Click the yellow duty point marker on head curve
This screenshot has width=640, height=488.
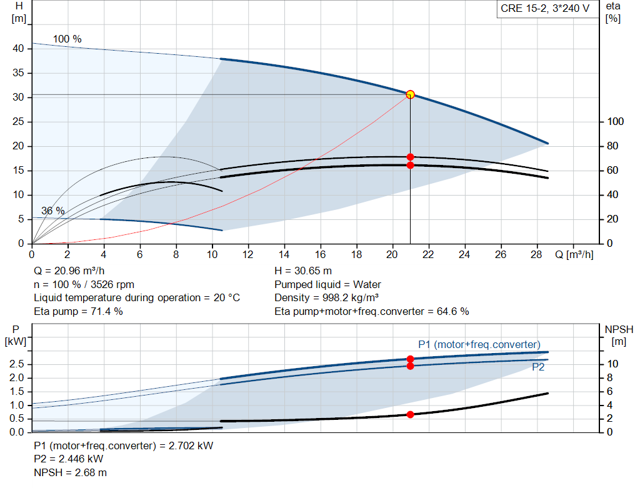tap(410, 94)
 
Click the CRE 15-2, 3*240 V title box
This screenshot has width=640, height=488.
tap(544, 9)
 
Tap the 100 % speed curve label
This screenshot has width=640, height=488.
tap(67, 39)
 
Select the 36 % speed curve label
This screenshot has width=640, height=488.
tap(53, 211)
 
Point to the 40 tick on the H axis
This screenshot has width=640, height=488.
tap(19, 49)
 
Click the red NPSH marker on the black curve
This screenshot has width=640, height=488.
tap(410, 414)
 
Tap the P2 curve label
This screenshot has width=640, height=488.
tap(538, 368)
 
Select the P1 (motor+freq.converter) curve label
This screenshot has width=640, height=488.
tap(479, 345)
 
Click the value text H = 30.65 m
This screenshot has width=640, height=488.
tap(303, 271)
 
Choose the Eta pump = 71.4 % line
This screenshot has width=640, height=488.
tap(78, 311)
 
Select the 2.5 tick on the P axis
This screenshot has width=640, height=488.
tap(17, 364)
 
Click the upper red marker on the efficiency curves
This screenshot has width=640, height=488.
tap(410, 157)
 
